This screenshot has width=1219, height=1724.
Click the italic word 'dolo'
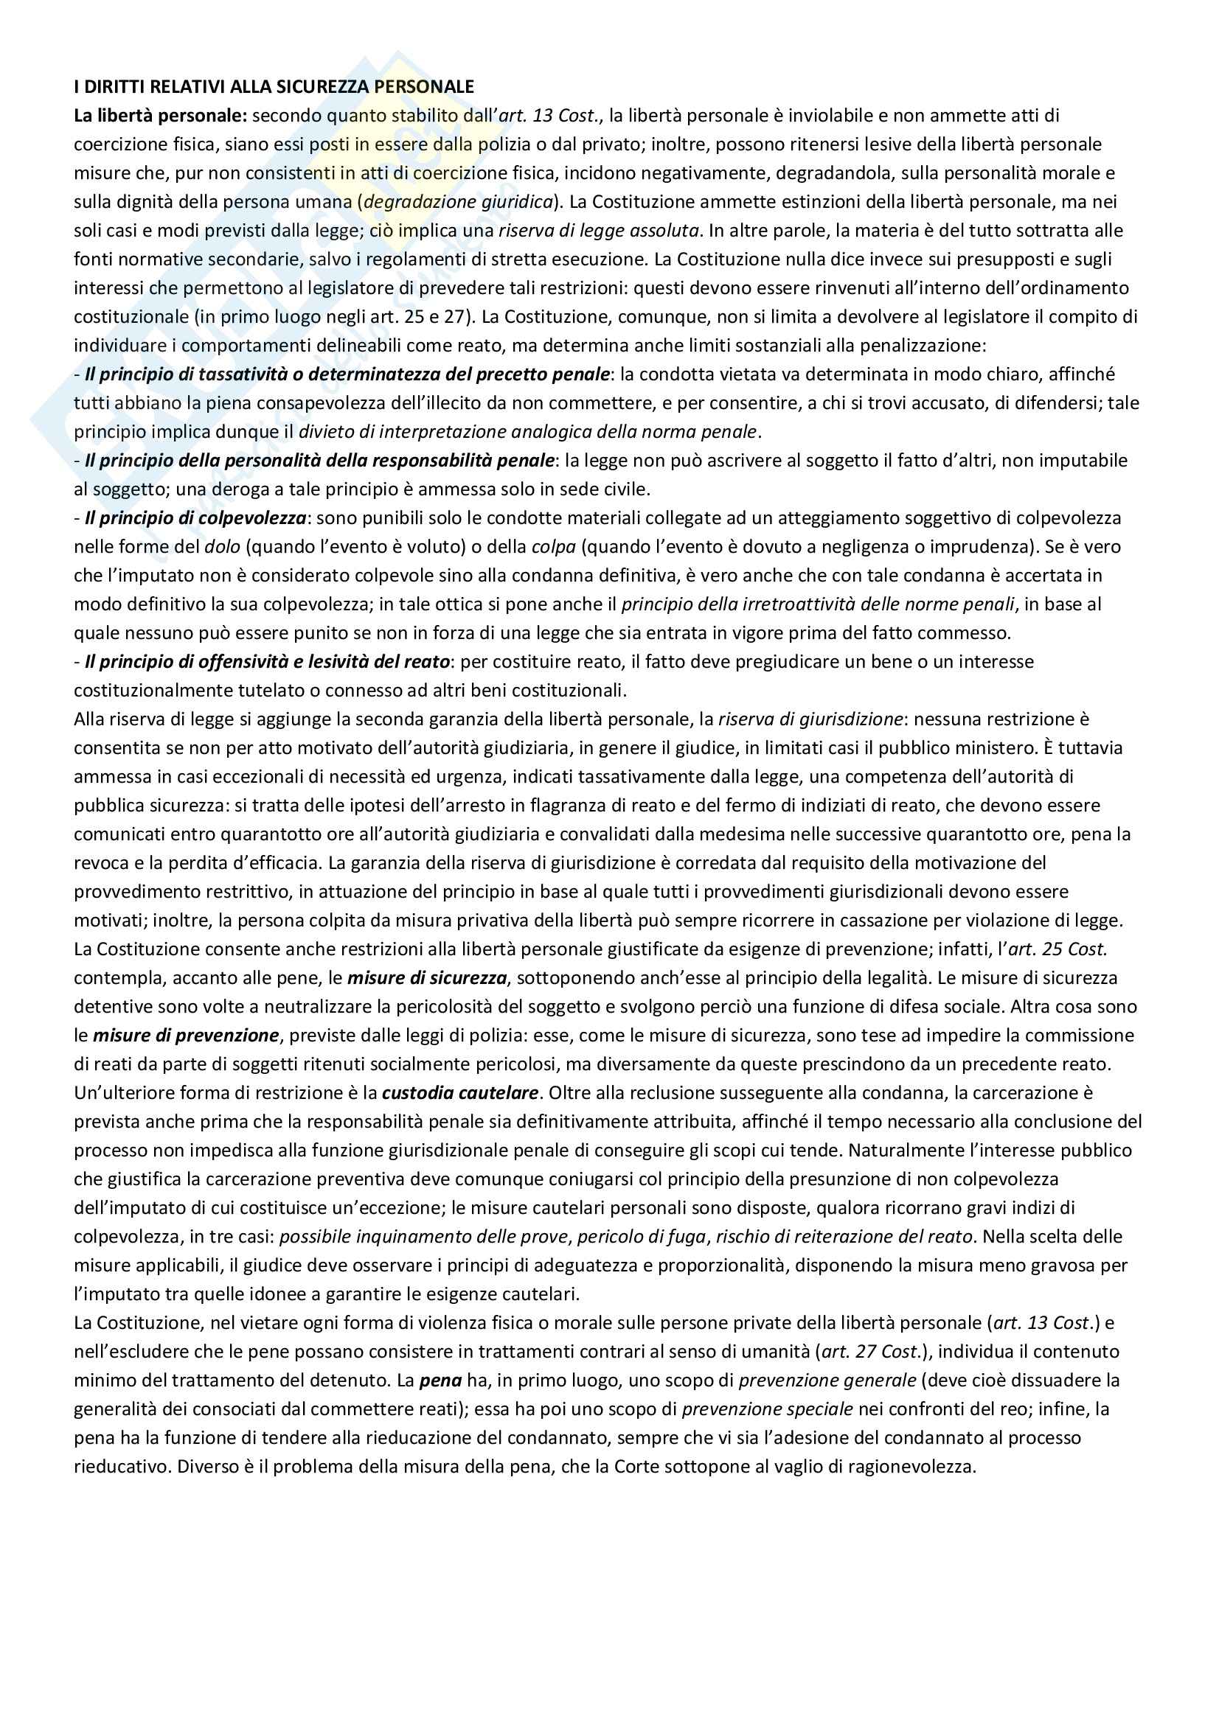[x=222, y=547]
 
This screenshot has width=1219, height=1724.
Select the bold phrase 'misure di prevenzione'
[x=186, y=1036]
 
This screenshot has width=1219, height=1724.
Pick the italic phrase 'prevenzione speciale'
[x=767, y=1409]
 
